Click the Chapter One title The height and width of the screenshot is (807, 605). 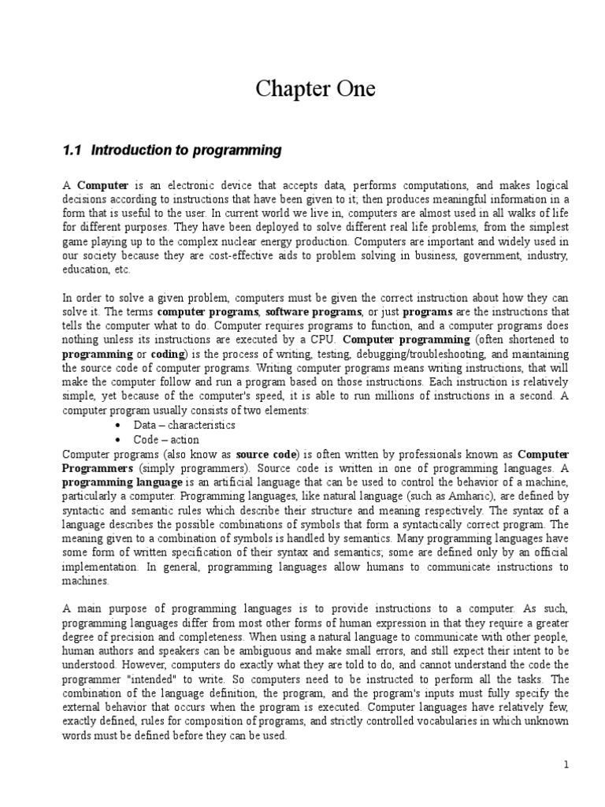click(315, 91)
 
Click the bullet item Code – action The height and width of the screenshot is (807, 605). click(166, 440)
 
